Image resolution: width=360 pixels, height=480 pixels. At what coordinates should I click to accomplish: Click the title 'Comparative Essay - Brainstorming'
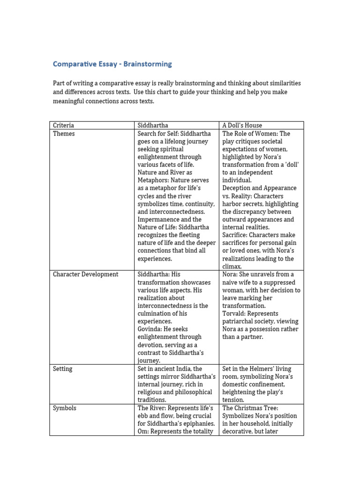[112, 64]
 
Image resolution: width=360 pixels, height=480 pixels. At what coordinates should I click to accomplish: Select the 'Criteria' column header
[63, 125]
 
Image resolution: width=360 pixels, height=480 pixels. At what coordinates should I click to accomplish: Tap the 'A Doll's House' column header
[242, 125]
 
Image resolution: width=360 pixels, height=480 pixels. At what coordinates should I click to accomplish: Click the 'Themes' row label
[64, 134]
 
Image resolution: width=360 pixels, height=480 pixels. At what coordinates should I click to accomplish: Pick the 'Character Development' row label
[85, 274]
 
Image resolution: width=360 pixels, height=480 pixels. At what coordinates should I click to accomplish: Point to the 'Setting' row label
[62, 368]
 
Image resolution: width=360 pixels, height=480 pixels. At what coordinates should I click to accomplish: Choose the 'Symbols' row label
[64, 408]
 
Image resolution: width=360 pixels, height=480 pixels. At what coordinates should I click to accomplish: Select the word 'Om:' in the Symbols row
[143, 431]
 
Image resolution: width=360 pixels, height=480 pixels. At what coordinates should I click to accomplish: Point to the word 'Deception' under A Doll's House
[238, 188]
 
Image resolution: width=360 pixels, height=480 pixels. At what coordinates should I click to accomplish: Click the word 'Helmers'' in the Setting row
[264, 368]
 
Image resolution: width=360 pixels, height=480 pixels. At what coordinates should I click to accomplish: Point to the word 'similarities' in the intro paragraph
[282, 83]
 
